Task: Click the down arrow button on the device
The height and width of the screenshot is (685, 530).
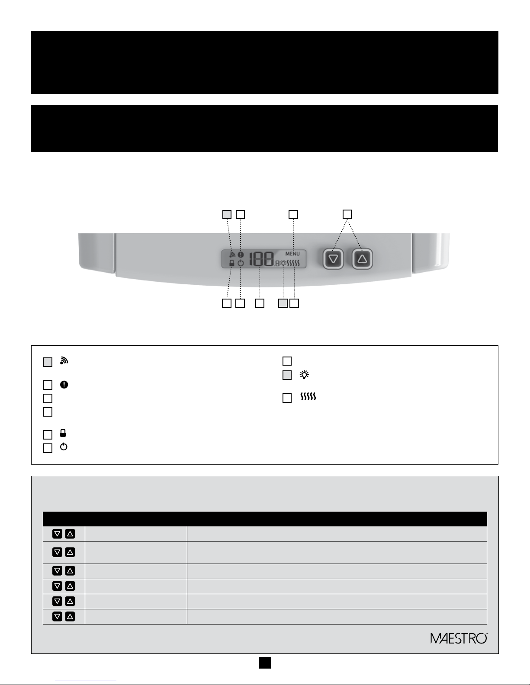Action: [x=333, y=259]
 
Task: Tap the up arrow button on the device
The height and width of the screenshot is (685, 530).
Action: [x=362, y=259]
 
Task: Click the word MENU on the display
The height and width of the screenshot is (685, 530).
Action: [x=292, y=254]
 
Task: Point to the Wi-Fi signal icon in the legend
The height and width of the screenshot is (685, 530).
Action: [x=64, y=360]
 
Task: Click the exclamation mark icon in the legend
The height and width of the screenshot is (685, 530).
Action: [x=64, y=385]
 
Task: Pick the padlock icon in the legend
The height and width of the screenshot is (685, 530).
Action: [x=63, y=433]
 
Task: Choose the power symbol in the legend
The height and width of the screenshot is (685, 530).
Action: [x=64, y=447]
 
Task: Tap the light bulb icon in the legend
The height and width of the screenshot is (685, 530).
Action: [x=304, y=375]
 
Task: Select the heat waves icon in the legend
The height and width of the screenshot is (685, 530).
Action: [x=308, y=397]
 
